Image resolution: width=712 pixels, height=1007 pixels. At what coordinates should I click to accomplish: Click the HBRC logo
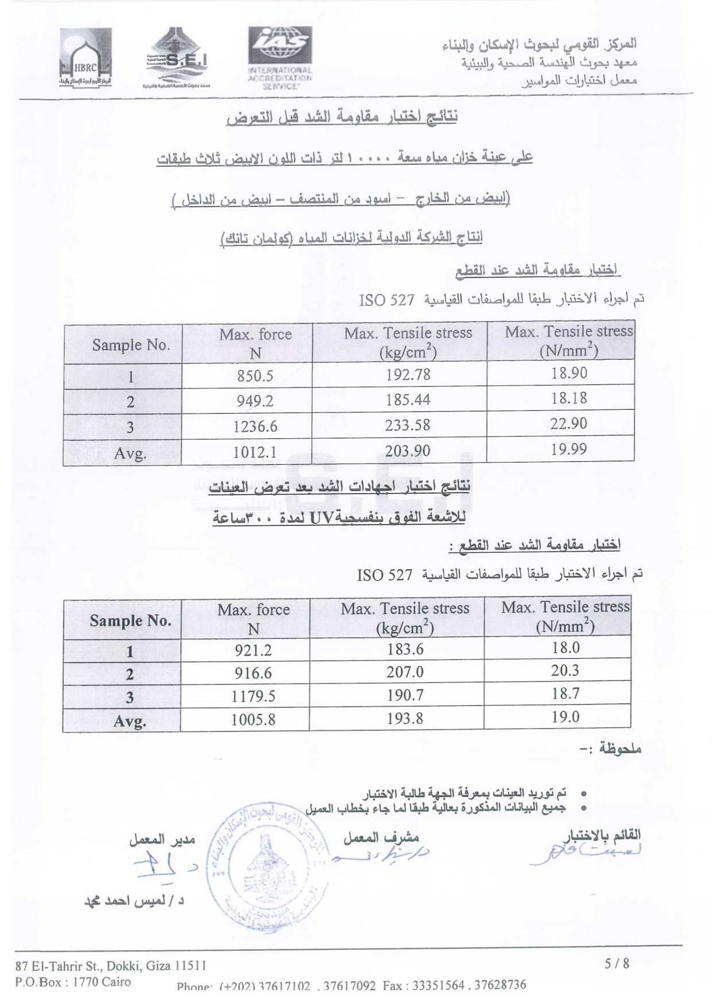86,57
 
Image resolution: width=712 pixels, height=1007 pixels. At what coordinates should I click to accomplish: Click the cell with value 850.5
255,376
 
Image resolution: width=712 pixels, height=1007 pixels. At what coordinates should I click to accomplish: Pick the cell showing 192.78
408,375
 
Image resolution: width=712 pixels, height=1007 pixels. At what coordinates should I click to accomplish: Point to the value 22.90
569,423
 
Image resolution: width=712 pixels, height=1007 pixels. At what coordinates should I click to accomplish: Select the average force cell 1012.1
255,453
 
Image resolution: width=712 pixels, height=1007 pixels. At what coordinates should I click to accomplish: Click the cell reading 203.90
408,451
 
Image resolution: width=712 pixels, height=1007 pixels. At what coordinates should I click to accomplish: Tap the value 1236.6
255,426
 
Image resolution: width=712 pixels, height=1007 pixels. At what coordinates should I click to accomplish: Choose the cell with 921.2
253,650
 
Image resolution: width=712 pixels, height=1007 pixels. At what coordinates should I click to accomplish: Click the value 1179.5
253,696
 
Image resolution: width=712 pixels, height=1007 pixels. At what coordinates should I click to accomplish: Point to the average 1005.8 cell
253,719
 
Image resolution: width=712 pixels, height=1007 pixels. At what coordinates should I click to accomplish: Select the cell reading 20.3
566,670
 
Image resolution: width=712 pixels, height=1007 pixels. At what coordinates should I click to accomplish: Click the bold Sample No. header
130,620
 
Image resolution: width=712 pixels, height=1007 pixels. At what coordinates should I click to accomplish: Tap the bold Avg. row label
130,721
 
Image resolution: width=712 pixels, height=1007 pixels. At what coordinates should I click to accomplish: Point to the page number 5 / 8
617,963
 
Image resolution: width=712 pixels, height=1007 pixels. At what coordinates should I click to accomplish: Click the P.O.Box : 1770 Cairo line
73,982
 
